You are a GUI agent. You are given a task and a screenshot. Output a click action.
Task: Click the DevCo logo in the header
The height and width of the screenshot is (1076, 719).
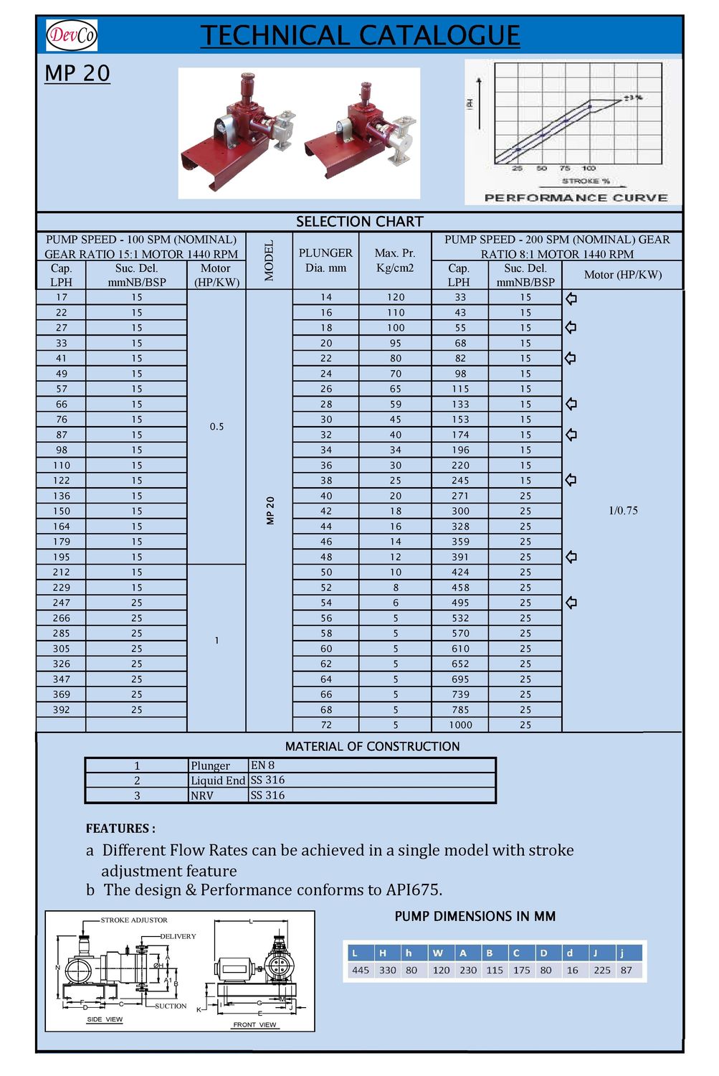[x=71, y=34]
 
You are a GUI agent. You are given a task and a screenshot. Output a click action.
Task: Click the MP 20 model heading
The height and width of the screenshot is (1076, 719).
[x=77, y=73]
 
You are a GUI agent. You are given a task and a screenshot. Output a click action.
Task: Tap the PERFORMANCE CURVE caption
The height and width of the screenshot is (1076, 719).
[x=576, y=198]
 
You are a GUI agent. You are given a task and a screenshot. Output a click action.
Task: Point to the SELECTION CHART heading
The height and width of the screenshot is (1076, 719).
[x=360, y=222]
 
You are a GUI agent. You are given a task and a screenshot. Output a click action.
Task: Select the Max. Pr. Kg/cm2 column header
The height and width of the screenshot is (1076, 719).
[x=395, y=260]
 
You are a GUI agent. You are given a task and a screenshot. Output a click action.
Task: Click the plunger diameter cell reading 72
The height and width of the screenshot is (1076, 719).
[x=326, y=725]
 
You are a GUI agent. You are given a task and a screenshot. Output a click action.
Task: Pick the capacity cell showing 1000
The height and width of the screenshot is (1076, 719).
[x=460, y=725]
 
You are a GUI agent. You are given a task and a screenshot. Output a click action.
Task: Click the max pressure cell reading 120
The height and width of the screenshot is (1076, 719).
[x=396, y=297]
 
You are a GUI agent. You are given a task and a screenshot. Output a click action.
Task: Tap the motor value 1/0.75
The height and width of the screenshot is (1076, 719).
[x=623, y=511]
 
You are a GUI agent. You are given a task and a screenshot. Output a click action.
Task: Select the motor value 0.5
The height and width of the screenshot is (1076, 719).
[x=216, y=427]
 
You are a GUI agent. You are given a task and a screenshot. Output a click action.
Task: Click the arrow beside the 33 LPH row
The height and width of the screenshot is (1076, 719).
[x=571, y=298]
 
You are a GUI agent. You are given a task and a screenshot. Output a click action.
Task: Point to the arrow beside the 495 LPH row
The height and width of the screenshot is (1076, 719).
[x=571, y=603]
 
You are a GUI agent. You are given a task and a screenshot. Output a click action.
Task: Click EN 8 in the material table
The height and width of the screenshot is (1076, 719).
[x=262, y=765]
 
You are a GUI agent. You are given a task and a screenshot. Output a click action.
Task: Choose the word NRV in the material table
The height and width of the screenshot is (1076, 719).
[x=202, y=796]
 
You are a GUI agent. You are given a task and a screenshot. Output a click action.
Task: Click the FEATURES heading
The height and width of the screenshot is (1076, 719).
[x=120, y=829]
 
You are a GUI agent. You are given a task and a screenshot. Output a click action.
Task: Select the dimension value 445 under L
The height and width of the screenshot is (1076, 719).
[x=361, y=970]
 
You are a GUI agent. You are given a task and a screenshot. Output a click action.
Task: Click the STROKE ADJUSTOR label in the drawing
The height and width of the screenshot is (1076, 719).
[x=134, y=920]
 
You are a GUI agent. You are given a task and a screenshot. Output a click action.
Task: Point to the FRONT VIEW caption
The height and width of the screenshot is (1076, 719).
[x=254, y=1024]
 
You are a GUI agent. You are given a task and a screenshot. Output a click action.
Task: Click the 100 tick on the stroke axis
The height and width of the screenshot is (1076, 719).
[x=589, y=168]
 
